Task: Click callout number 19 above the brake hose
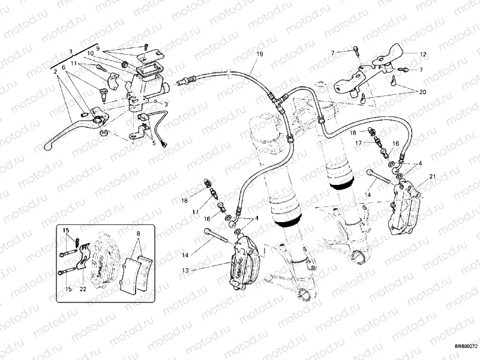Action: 259,55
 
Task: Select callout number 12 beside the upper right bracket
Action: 423,55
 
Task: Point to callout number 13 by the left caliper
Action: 185,271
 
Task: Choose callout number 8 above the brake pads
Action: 137,233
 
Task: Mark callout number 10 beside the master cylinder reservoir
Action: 90,53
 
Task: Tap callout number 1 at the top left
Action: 71,52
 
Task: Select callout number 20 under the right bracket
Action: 422,92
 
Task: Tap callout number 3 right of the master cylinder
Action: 166,104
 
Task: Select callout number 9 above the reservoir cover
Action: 98,47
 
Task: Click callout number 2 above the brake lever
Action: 55,71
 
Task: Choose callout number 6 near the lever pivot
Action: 63,67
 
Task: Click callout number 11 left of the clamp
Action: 73,62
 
